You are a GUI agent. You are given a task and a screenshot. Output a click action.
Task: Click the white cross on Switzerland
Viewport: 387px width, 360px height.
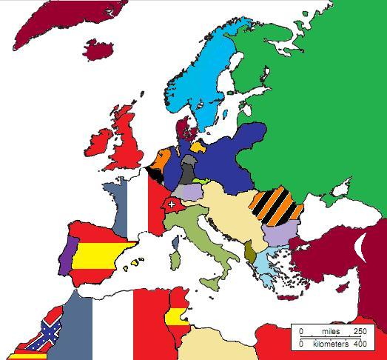(x=172, y=204)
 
